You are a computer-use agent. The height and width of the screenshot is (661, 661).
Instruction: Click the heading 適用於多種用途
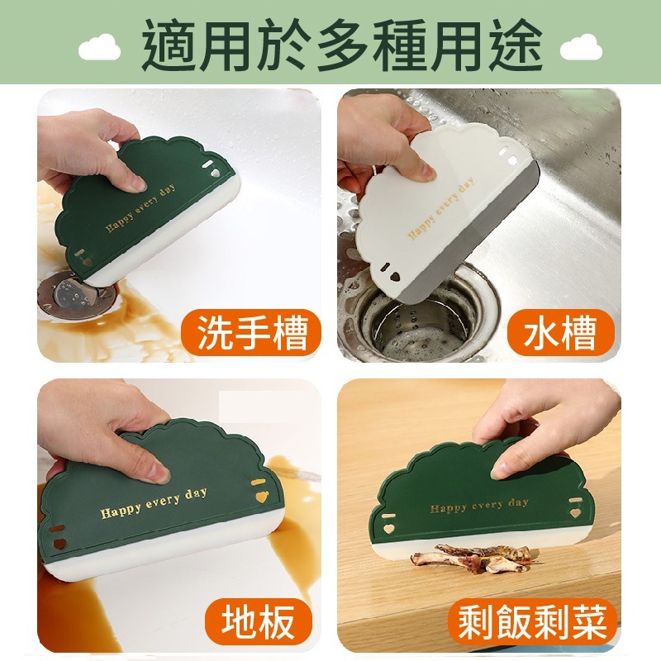342,45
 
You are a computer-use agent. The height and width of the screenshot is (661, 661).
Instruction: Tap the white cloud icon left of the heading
99,48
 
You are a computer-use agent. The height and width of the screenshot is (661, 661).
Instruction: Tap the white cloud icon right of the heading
581,48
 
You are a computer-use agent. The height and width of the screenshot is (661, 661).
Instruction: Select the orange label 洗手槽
252,333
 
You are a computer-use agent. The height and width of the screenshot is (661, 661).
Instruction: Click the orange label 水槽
561,333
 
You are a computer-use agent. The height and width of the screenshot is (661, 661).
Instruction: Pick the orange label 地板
258,621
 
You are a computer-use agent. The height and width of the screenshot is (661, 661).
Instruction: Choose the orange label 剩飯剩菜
532,621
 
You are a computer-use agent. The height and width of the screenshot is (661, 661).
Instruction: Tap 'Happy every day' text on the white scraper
440,209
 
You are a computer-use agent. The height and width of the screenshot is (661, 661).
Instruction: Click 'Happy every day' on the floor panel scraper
154,503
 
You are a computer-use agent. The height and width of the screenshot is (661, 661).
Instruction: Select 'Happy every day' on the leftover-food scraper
479,506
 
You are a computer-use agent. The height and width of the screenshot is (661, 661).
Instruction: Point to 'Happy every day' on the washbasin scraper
140,208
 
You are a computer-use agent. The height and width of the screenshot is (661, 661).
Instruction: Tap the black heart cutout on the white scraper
394,278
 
